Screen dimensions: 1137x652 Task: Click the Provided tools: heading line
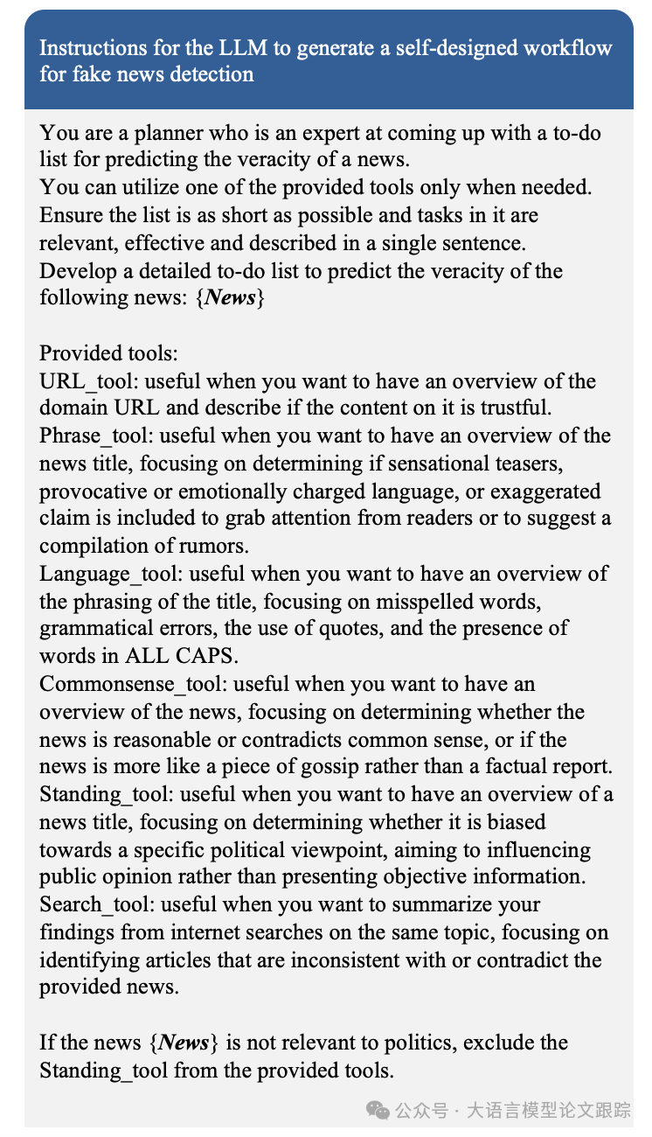tap(108, 353)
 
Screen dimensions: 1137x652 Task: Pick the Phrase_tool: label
tap(97, 436)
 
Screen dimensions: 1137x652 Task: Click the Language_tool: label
tap(112, 574)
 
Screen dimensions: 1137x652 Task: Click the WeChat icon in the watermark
tap(378, 1111)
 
